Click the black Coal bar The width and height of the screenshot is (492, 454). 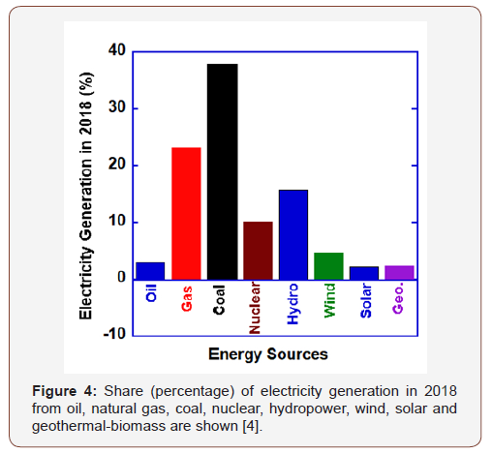click(x=222, y=171)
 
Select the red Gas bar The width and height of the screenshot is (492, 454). click(x=186, y=213)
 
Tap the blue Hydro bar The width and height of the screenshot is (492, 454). click(x=293, y=234)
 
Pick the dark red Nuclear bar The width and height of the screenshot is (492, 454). click(x=258, y=250)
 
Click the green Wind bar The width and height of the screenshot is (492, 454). click(x=329, y=265)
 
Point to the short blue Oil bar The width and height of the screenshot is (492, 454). click(x=150, y=270)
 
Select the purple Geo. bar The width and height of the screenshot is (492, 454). click(x=400, y=272)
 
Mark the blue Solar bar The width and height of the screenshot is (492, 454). click(x=364, y=272)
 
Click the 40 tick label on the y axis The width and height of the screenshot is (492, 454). click(x=116, y=50)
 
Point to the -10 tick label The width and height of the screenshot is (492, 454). click(x=113, y=335)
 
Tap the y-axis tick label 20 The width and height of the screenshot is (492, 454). click(x=116, y=165)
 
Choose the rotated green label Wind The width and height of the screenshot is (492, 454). click(x=329, y=301)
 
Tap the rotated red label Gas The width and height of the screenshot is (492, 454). click(x=186, y=298)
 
